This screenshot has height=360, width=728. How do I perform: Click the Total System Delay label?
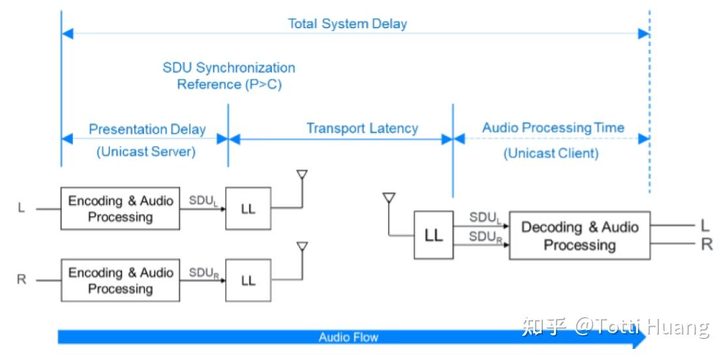click(x=347, y=23)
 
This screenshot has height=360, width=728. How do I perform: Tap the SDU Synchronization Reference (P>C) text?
click(x=229, y=76)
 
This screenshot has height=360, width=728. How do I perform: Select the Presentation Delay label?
click(x=147, y=129)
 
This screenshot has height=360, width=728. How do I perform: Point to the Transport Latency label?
click(x=362, y=128)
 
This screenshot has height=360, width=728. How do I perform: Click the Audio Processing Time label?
click(x=553, y=128)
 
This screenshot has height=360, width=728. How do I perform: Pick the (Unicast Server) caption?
click(x=146, y=152)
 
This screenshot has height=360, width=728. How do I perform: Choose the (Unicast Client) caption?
click(x=551, y=153)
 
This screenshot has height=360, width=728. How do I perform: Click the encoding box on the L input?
click(x=121, y=209)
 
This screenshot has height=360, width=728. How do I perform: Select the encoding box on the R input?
click(x=121, y=280)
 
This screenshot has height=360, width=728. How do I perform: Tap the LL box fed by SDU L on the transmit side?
click(x=248, y=209)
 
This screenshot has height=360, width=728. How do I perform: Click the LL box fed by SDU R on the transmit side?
click(x=248, y=280)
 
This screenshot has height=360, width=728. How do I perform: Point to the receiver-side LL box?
click(x=433, y=235)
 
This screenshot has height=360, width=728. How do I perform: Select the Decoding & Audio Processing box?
click(x=580, y=235)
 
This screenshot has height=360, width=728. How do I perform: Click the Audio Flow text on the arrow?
click(x=348, y=337)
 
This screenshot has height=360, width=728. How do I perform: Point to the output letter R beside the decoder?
click(x=707, y=245)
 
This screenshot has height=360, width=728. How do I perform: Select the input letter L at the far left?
click(x=22, y=207)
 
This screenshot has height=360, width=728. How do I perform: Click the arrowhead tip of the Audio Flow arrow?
click(x=647, y=338)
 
